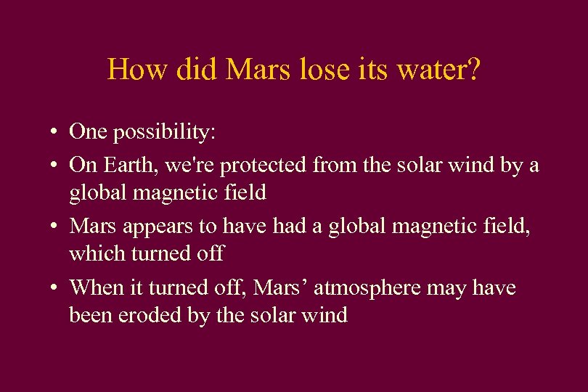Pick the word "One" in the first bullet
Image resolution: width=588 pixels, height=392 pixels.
pos(87,131)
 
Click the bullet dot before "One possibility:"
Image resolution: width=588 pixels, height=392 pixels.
pos(54,133)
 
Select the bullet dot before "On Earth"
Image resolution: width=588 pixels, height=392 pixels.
pos(54,166)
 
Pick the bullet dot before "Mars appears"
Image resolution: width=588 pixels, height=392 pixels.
pos(54,227)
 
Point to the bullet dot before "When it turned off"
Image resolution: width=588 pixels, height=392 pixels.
pos(54,289)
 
